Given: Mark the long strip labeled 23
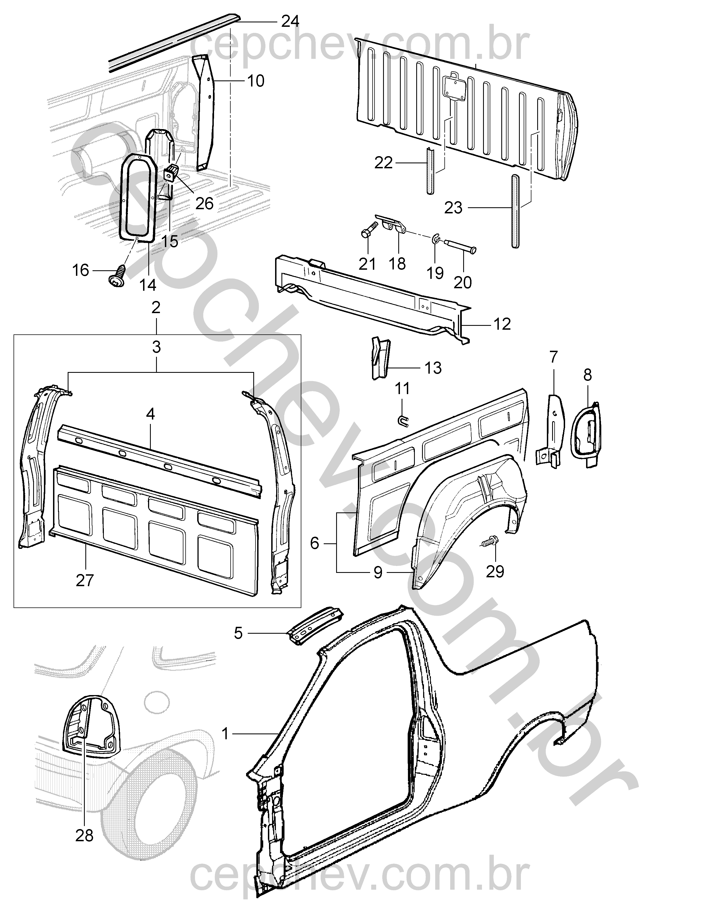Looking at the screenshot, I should tap(514, 210).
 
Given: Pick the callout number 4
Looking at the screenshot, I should tap(150, 414).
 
